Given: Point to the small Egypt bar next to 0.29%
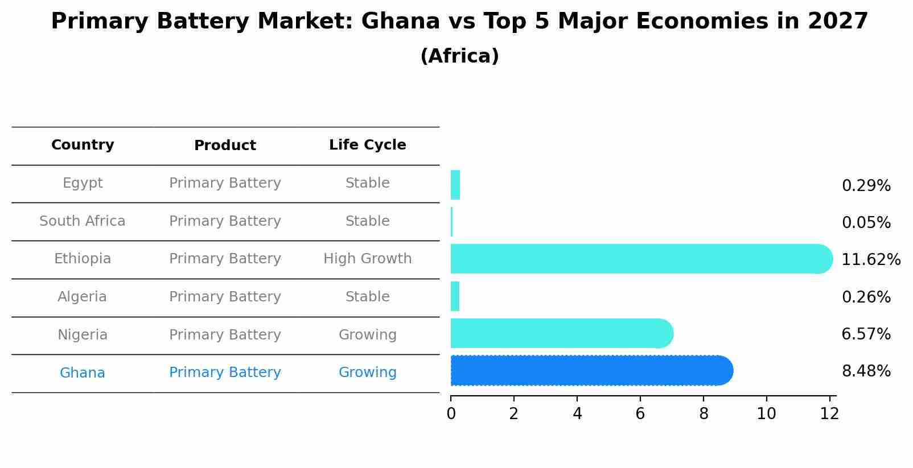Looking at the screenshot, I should [455, 185].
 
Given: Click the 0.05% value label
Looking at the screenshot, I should [866, 223].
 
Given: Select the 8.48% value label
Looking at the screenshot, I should [866, 371].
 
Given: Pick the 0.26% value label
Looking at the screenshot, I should [866, 297].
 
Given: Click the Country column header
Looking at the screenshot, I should [83, 145].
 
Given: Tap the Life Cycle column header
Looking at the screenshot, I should [367, 145].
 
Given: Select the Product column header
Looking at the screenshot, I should [225, 146].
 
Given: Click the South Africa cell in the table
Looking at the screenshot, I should [83, 221].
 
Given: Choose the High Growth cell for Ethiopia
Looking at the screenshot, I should [367, 259].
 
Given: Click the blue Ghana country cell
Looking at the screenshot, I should [83, 373].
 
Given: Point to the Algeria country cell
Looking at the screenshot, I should [83, 297].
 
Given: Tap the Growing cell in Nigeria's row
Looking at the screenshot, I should [367, 335].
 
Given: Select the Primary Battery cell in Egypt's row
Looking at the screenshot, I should [225, 183].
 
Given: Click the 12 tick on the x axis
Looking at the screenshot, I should [829, 414].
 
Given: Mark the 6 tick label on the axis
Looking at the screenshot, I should [640, 414].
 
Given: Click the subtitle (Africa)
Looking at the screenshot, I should [459, 56].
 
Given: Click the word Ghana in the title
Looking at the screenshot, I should [400, 22].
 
